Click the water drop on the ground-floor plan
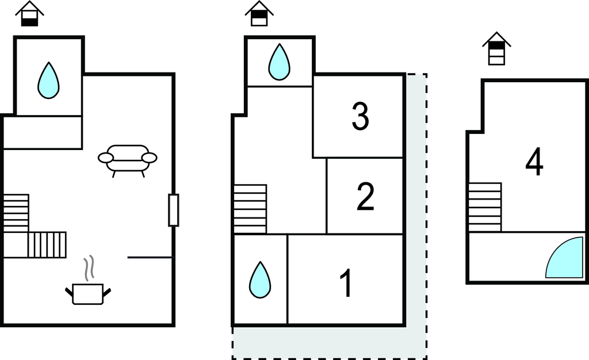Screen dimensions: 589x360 [49, 81]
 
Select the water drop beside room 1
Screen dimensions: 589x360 [260, 280]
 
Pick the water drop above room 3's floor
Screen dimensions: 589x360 [279, 62]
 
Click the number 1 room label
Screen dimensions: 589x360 [346, 283]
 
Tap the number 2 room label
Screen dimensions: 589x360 [365, 196]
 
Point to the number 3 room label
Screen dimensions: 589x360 [360, 116]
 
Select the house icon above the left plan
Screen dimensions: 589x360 [30, 13]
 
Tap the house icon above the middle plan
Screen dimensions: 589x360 [259, 13]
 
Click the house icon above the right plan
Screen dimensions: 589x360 [496, 48]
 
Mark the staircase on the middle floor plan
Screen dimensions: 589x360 [250, 209]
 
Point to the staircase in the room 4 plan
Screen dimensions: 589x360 [485, 207]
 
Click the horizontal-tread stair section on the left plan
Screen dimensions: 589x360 [16, 213]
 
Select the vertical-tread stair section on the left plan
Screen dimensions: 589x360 [47, 245]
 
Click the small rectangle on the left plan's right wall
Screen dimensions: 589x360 [173, 210]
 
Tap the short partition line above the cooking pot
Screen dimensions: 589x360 [150, 258]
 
